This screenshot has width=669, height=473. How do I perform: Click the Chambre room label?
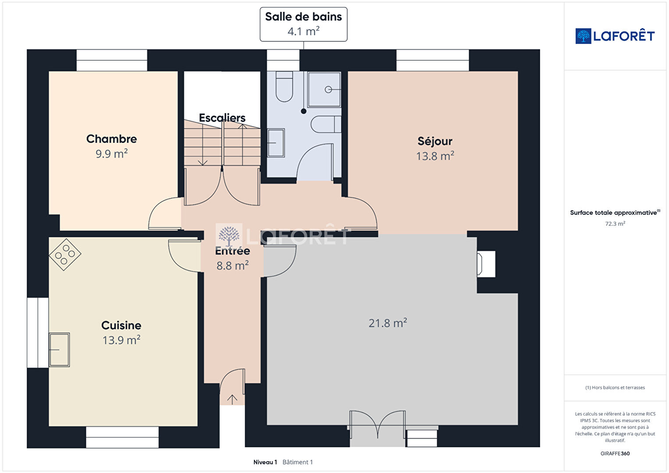(x=111, y=139)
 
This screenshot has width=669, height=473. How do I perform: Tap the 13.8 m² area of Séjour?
(x=435, y=156)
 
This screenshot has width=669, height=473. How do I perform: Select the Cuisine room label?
(x=121, y=325)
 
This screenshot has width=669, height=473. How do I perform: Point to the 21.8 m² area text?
(x=388, y=323)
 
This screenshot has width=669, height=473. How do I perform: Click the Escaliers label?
(x=222, y=118)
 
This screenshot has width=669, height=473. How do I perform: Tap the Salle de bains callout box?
(x=303, y=24)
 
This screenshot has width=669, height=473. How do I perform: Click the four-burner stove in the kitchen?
(x=65, y=255)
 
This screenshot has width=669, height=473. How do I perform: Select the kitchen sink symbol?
(x=60, y=350)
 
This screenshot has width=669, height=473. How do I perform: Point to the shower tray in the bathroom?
(x=324, y=89)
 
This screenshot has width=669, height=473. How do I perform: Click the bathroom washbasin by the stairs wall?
(x=276, y=143)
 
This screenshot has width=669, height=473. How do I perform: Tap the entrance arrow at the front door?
(x=232, y=399)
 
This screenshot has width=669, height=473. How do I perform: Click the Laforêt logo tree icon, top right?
(x=583, y=36)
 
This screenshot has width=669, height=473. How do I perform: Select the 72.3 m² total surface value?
(x=615, y=224)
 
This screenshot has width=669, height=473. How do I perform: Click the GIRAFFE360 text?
(x=615, y=453)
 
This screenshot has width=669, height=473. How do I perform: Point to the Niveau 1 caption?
(x=265, y=462)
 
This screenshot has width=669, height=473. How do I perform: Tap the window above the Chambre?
(x=112, y=60)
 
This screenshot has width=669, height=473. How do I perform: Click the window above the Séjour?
(x=432, y=60)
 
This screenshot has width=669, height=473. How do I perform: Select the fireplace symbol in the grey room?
(x=486, y=264)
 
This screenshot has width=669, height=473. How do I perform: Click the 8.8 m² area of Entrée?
(x=233, y=266)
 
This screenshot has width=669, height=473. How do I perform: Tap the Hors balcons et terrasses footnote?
(x=615, y=388)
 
